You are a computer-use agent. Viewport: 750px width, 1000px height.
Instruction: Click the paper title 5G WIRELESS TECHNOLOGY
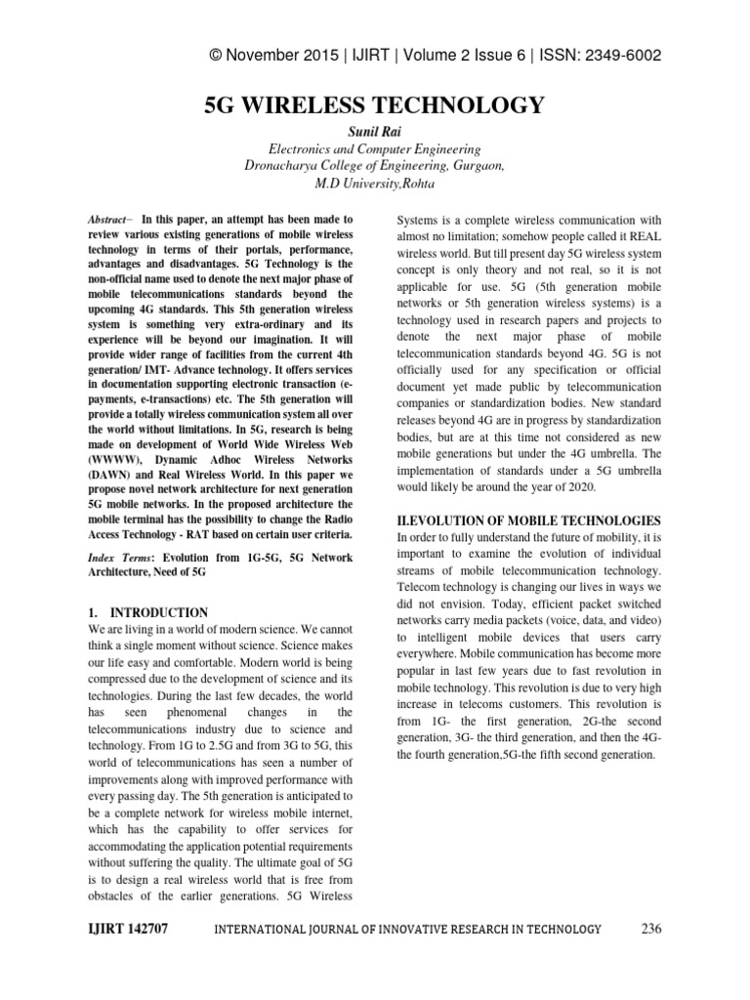click(374, 105)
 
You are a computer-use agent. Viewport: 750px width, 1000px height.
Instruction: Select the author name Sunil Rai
click(374, 132)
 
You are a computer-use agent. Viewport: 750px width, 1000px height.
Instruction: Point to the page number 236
click(651, 929)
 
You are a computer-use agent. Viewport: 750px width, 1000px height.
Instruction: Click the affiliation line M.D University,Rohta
click(374, 183)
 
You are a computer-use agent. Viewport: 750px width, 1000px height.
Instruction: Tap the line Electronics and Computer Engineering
click(374, 149)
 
